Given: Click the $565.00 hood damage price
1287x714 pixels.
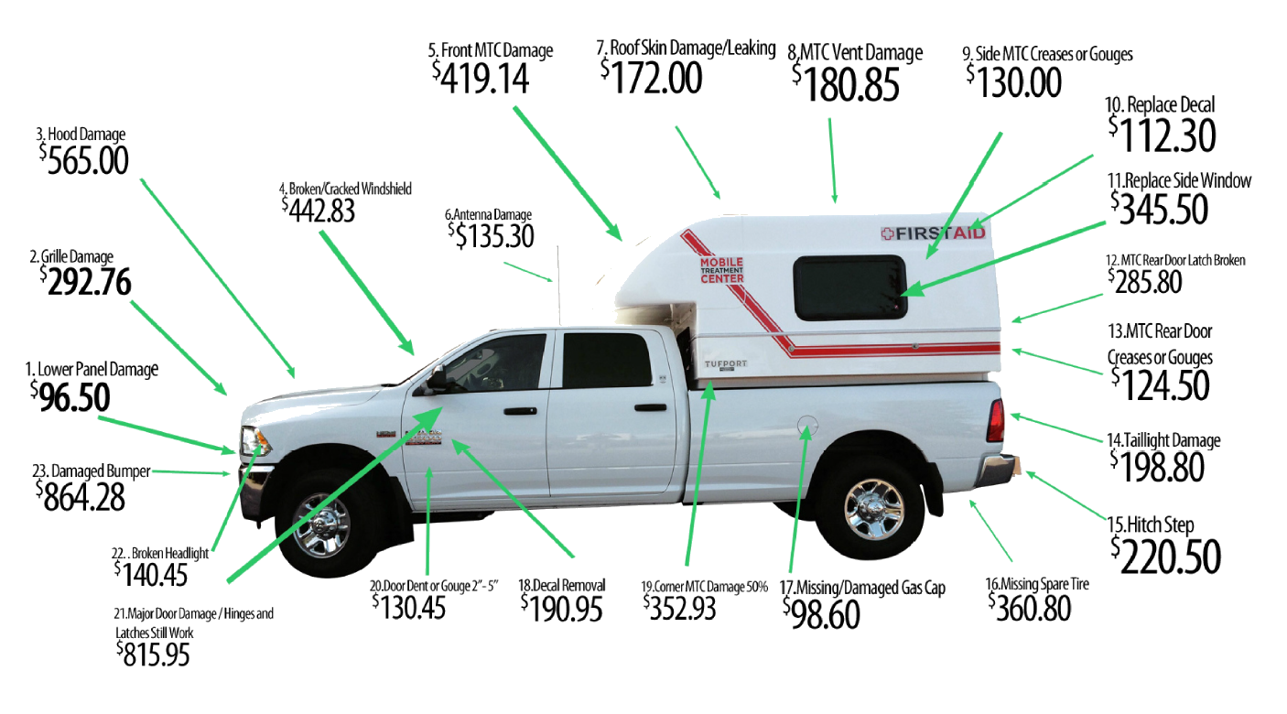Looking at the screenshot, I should (x=84, y=158).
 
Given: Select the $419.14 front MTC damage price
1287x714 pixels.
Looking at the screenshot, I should (x=481, y=77).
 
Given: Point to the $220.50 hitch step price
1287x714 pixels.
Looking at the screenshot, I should (x=1166, y=555).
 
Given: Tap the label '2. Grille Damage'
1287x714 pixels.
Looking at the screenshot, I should (x=71, y=255).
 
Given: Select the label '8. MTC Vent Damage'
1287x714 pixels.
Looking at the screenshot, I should (x=855, y=53).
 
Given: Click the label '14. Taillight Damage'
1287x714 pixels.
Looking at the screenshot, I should (x=1163, y=441).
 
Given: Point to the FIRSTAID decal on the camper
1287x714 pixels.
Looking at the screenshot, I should (x=933, y=233).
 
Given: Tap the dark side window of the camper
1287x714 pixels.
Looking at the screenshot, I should (x=849, y=287).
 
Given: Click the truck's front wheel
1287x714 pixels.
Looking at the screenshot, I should (x=321, y=525).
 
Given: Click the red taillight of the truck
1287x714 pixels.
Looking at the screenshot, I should (x=996, y=421).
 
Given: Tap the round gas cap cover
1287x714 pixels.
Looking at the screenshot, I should (x=806, y=426).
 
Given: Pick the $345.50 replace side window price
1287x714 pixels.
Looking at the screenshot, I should (x=1160, y=210).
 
